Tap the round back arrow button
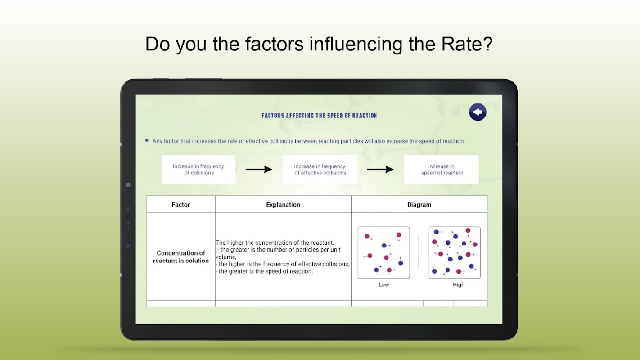point(478,112)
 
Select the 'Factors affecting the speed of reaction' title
point(319,116)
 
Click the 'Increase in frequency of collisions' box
point(198,170)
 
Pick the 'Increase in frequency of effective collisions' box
point(320,170)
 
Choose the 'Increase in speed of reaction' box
point(441,170)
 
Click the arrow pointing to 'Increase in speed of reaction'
point(380,170)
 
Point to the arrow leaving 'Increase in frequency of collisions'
point(259,170)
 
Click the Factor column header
point(181,205)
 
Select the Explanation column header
point(283,205)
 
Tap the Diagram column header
point(419,205)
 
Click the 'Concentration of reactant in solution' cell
point(181,256)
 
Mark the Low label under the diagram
point(384,284)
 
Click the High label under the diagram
point(458,284)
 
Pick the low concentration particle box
point(384,252)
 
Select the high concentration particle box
point(455,252)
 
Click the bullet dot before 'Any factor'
point(147,140)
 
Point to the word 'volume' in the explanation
point(225,257)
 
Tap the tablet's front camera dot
point(128,185)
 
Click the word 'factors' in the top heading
point(274,44)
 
